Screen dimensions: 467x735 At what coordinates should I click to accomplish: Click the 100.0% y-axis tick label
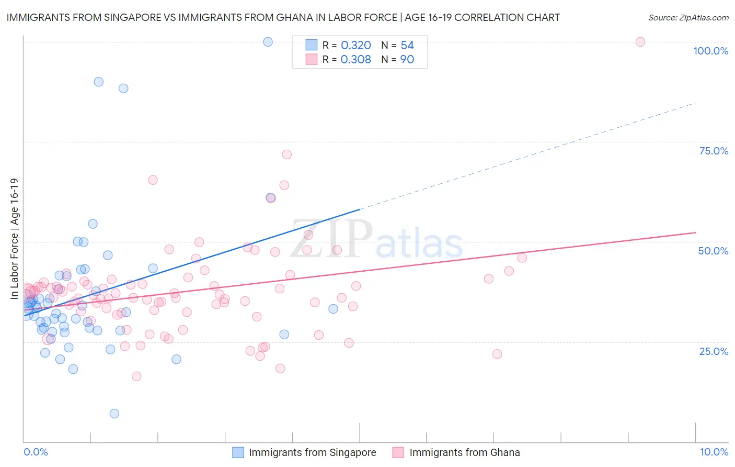[710, 51]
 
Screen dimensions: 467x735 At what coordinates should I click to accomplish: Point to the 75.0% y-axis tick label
[714, 151]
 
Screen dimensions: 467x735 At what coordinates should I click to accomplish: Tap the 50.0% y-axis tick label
[713, 251]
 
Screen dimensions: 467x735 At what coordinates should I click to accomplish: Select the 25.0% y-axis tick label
[714, 351]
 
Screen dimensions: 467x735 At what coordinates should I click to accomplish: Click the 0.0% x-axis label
[36, 452]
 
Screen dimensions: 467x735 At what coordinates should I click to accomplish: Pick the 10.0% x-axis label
[714, 452]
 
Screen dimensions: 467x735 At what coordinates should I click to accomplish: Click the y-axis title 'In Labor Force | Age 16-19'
[14, 239]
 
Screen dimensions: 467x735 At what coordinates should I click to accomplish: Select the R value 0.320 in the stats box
[356, 46]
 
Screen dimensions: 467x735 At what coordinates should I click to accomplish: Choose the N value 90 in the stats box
[407, 60]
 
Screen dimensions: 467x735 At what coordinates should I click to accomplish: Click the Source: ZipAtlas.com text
[688, 18]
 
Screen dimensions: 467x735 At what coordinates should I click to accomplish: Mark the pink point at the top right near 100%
[640, 42]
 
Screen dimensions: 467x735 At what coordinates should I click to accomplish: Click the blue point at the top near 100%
[268, 42]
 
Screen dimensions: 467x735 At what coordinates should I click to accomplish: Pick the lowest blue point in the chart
[114, 414]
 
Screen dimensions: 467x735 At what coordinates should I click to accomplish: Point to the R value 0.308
[355, 60]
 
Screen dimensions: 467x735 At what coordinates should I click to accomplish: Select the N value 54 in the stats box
[407, 46]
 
